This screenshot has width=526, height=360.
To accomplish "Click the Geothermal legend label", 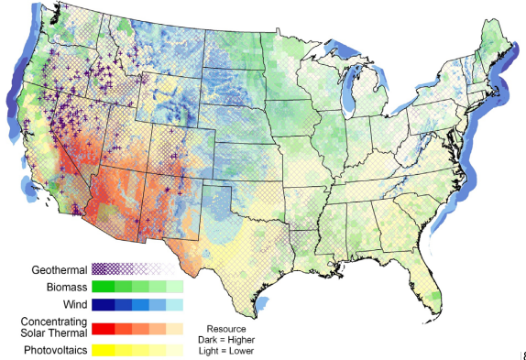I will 59,270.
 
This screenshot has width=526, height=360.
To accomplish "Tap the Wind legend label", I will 72,305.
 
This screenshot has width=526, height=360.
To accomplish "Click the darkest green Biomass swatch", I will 103,288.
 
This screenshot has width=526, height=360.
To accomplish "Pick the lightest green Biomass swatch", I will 174,288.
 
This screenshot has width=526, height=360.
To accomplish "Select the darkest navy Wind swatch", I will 103,305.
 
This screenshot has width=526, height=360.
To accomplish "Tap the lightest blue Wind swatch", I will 174,305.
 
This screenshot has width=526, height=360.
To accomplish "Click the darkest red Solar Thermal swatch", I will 103,328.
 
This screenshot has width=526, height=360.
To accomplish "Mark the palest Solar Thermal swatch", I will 174,328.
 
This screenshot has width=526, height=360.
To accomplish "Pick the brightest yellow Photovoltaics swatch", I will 103,350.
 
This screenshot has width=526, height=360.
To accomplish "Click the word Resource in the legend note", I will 226,329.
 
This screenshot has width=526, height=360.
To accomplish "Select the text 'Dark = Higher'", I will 226,340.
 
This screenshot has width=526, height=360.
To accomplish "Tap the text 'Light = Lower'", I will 226,351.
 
